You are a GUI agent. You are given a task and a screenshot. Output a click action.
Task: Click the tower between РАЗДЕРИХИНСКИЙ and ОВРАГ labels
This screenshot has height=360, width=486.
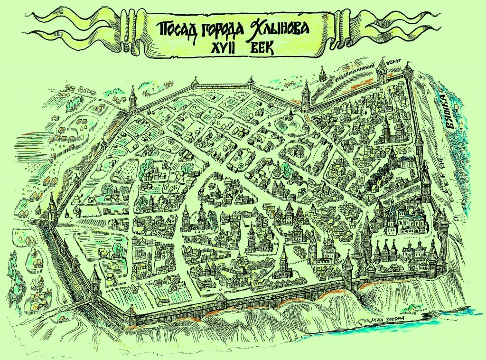coord(380,73)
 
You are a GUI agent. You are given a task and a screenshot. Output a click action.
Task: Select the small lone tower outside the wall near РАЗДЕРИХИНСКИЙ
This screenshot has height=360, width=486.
coord(323,74)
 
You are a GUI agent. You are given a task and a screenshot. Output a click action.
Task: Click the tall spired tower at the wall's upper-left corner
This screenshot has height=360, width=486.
coord(132,100)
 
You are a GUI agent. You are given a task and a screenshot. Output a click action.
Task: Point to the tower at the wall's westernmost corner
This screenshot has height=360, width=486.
coord(52,207)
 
